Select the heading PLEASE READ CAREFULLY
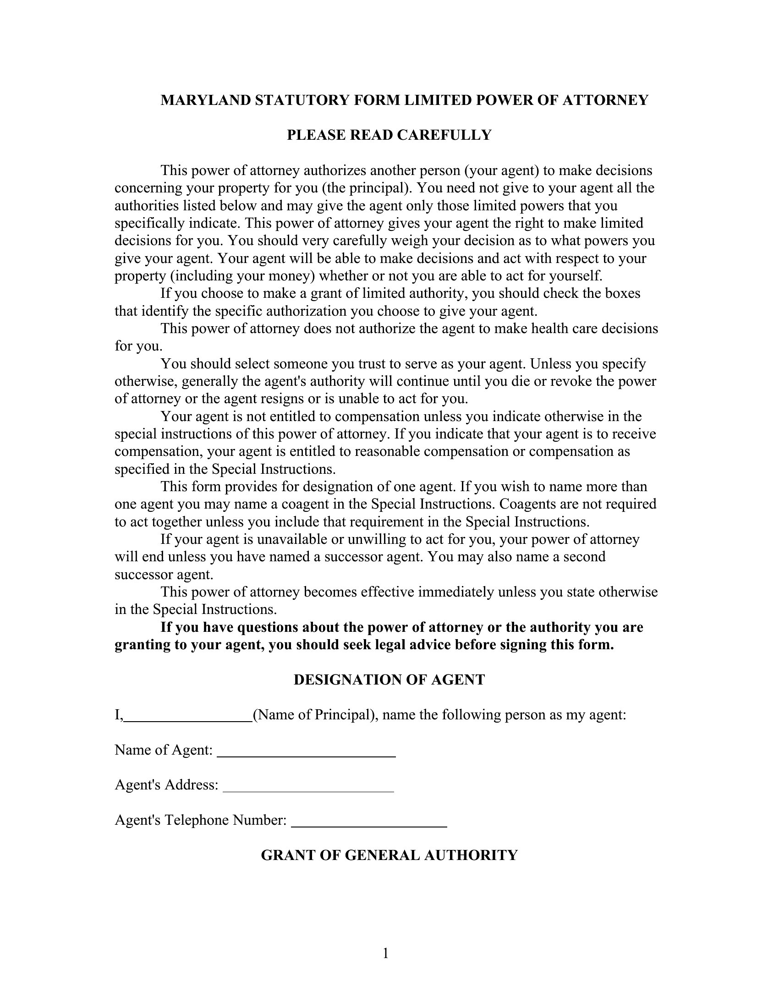(389, 135)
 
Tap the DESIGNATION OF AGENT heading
(389, 680)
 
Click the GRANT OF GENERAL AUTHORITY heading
(389, 855)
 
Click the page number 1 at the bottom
(386, 953)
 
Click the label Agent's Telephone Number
(201, 820)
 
